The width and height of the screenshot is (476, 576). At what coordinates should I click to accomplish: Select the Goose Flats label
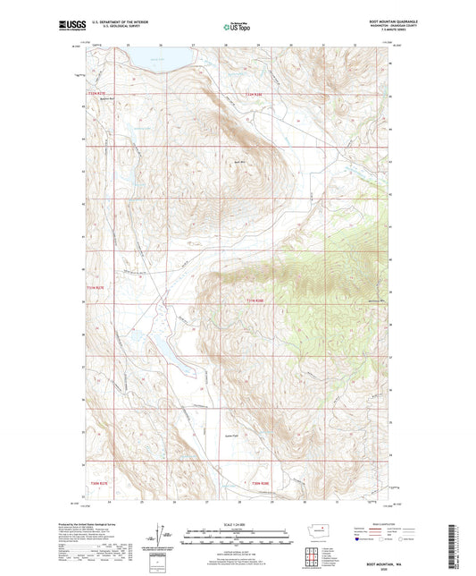point(230,430)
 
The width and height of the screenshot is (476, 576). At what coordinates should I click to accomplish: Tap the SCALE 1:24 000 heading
point(238,521)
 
